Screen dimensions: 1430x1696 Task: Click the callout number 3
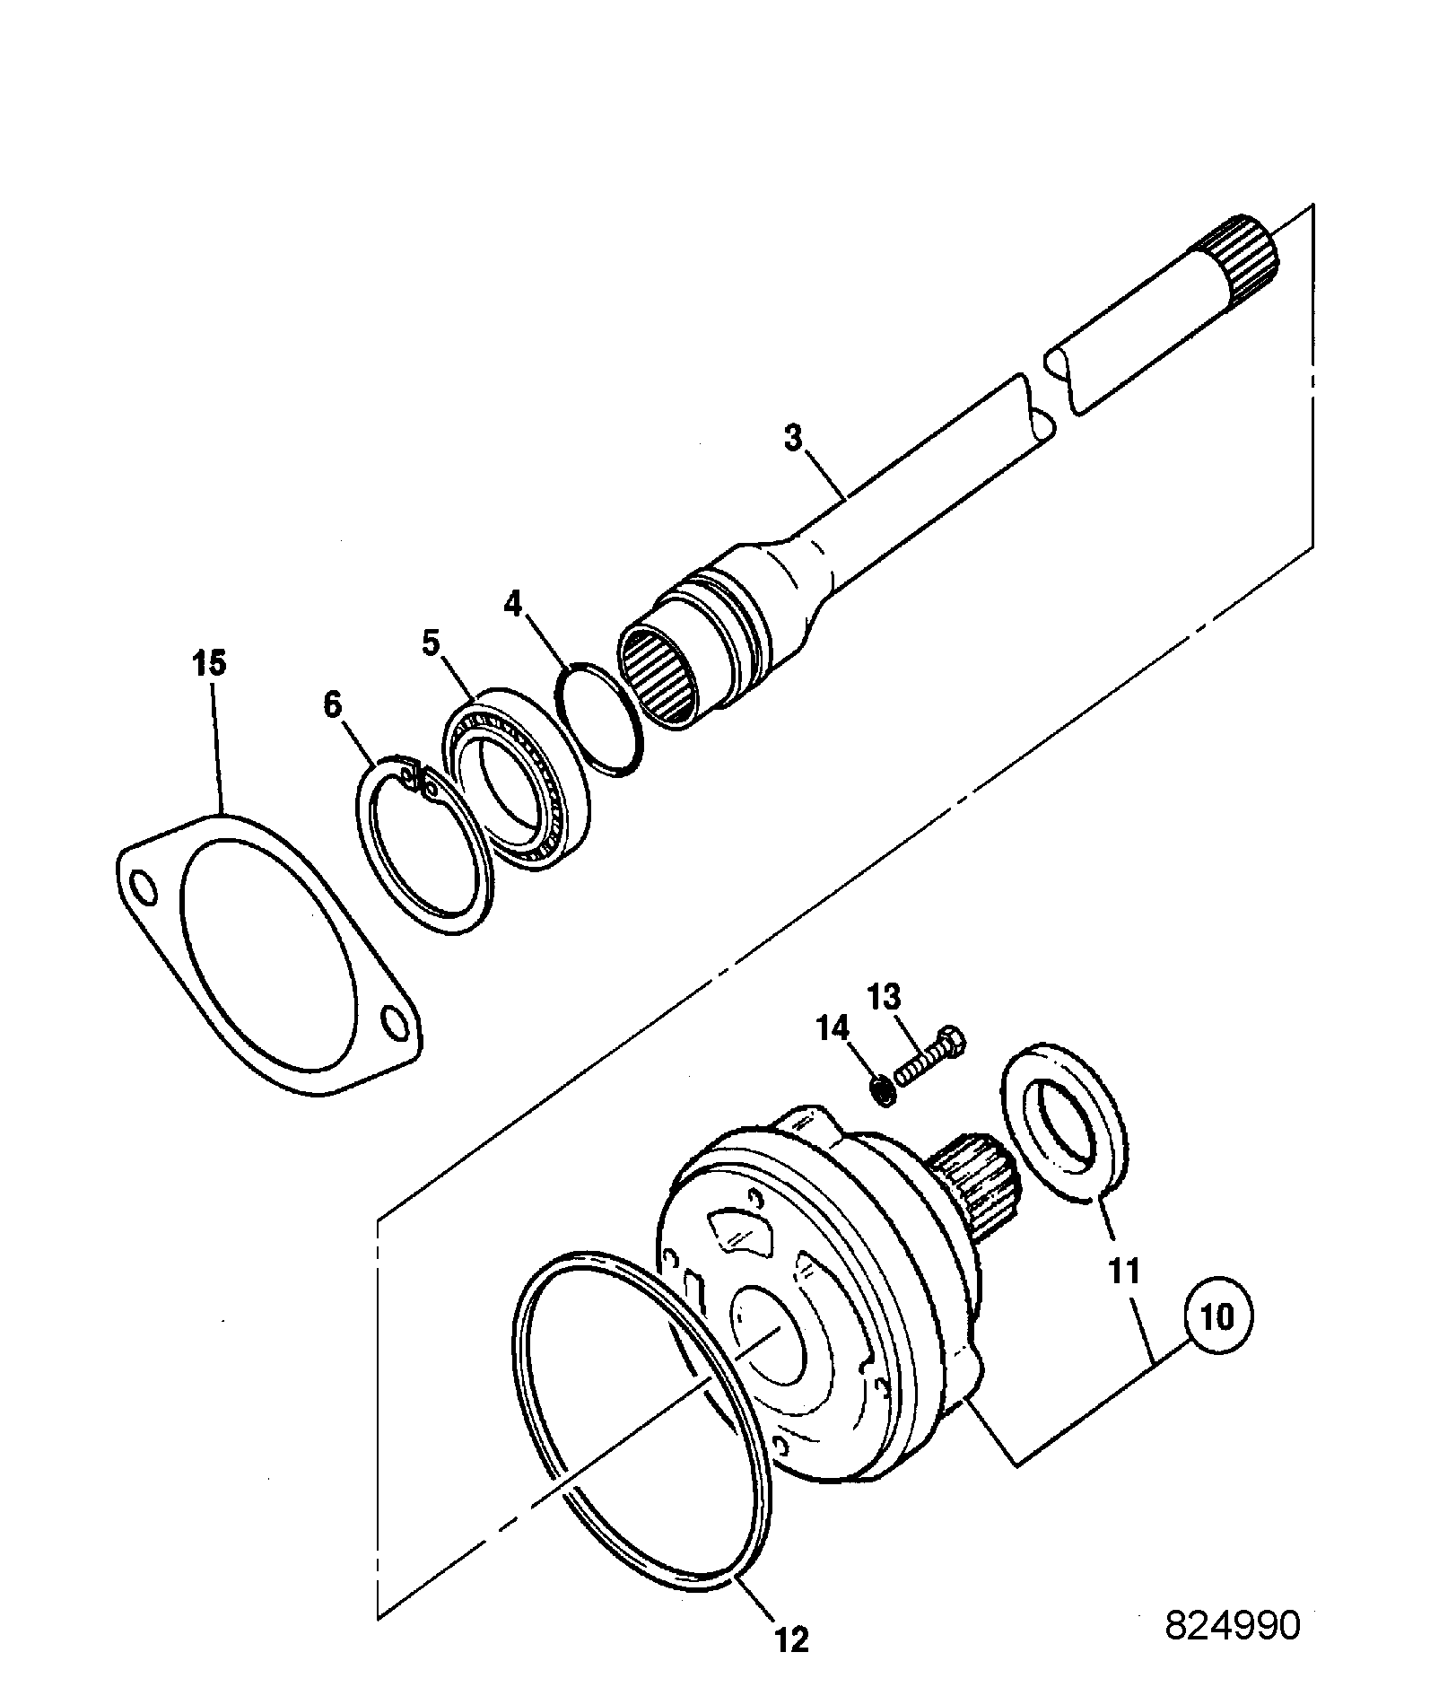[792, 441]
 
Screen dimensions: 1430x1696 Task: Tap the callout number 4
[512, 604]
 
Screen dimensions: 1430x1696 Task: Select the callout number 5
[432, 643]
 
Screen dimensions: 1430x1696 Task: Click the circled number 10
[1218, 1318]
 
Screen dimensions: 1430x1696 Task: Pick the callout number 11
[1123, 1272]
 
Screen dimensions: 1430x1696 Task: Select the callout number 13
[884, 997]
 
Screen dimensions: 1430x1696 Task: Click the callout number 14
[833, 1027]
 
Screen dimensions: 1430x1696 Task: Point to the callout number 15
[209, 665]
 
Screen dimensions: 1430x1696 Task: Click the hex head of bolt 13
[954, 1044]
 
